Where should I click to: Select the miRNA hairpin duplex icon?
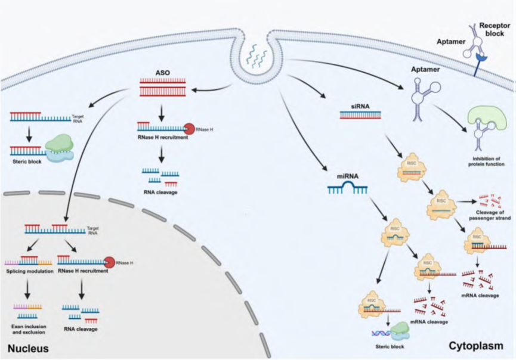coord(347,190)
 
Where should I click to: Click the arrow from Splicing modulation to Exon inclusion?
coord(27,289)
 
